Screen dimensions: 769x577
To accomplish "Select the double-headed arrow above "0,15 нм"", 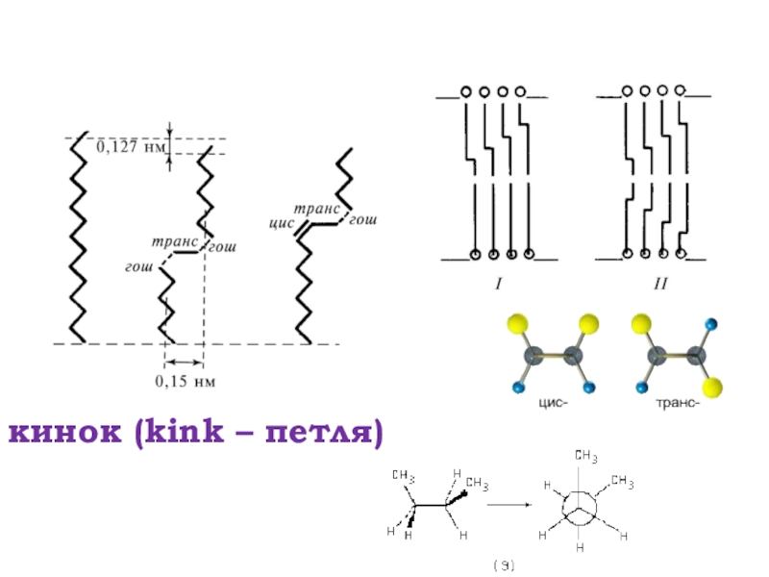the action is [184, 363].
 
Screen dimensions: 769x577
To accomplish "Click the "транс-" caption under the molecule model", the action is [674, 404].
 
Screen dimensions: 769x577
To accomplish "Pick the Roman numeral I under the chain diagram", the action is [499, 285].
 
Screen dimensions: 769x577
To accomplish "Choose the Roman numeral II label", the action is [659, 285].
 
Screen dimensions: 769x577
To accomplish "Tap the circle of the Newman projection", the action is [581, 507].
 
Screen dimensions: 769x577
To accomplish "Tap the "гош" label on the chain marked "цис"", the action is [362, 221].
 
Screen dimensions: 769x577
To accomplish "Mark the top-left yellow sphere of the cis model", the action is [519, 323].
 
